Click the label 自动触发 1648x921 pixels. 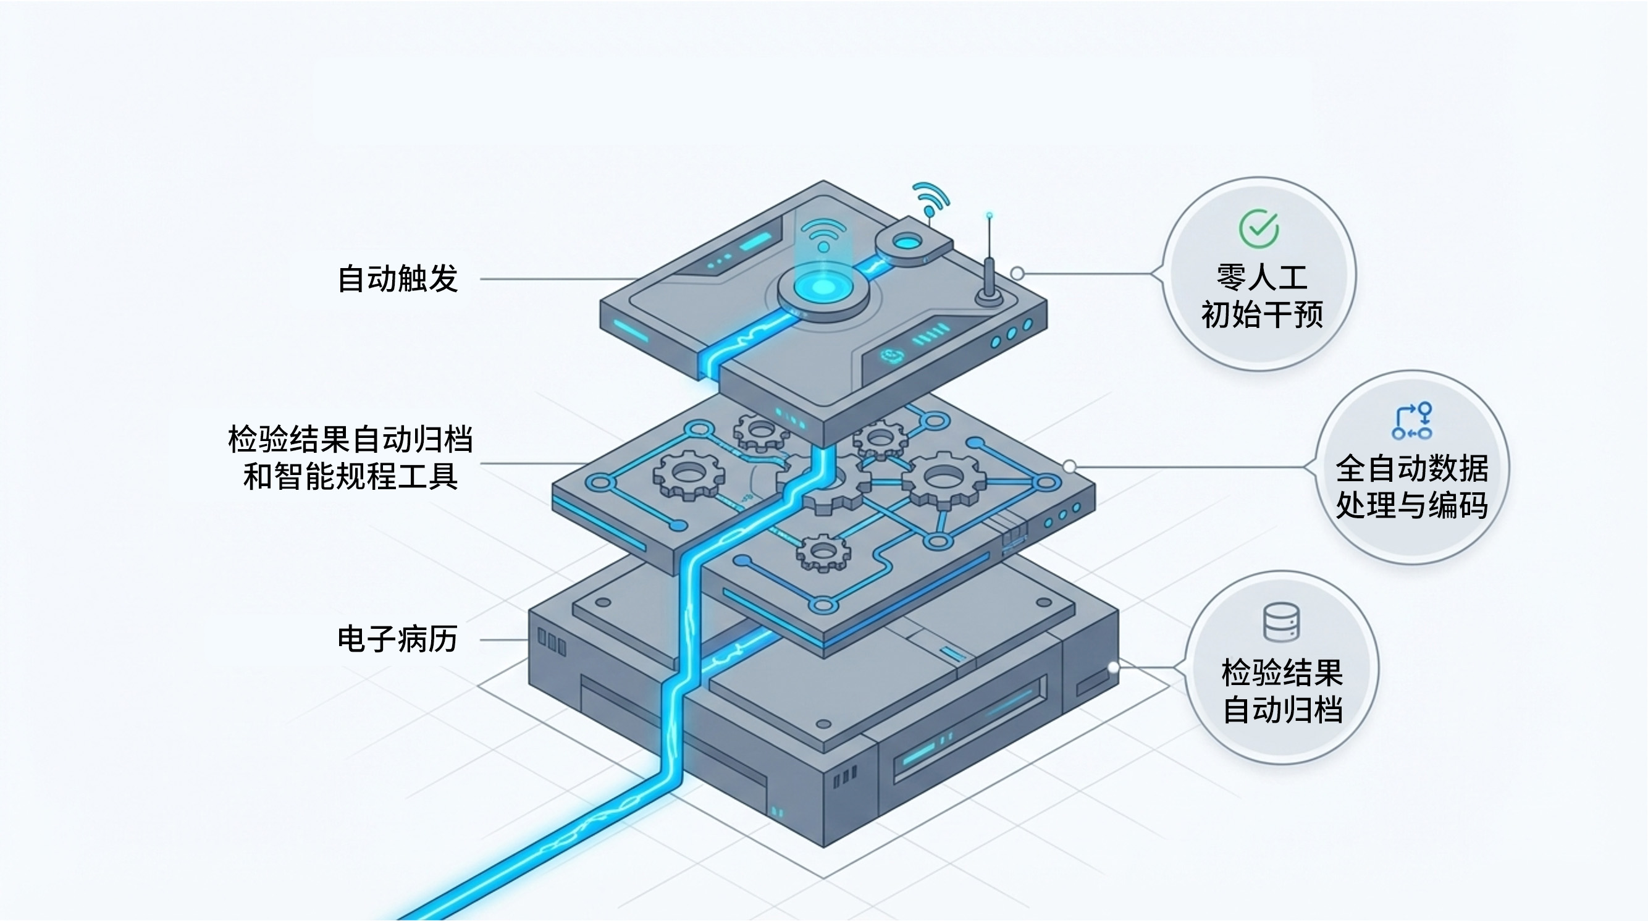pos(397,279)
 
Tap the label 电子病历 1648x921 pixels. pos(397,639)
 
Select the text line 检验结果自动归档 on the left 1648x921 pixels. pos(351,439)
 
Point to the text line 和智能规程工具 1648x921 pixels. pos(351,476)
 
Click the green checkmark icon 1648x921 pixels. pos(1258,229)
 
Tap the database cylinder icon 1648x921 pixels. pos(1282,621)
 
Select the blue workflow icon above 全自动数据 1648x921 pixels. pos(1412,421)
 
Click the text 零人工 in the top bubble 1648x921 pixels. pos(1261,277)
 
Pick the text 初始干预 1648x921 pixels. pos(1261,314)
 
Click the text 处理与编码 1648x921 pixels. pos(1412,505)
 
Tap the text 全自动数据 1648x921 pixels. pos(1412,468)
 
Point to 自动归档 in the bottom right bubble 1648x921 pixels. pos(1282,710)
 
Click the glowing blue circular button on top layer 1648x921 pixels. pos(823,288)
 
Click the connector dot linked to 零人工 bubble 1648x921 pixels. pos(1017,274)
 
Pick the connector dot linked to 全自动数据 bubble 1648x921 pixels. pos(1070,466)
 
